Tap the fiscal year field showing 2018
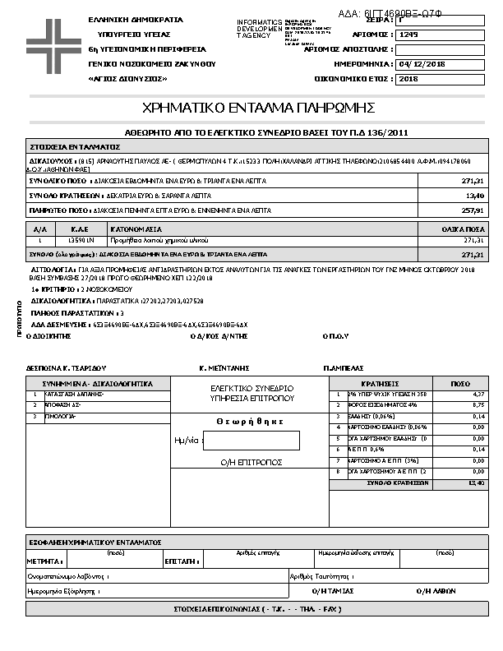pos(408,79)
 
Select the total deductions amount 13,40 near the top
pos(475,196)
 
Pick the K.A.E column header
pos(80,229)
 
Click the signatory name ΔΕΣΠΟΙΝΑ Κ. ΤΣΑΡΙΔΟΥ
pos(66,368)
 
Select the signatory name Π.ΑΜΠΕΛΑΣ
pos(344,368)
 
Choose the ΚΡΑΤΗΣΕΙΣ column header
pos(380,383)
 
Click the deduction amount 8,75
pos(477,405)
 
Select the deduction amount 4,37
pos(477,395)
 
